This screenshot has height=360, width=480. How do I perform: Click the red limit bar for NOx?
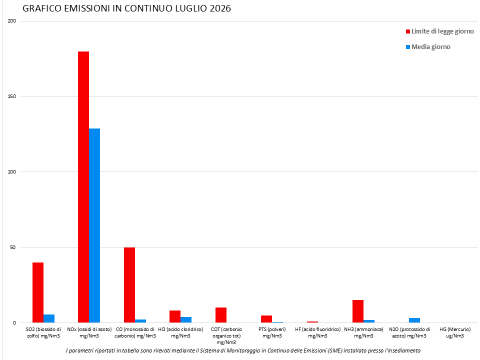83,187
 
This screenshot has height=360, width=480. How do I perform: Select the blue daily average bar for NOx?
94,225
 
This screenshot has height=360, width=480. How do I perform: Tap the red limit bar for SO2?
38,292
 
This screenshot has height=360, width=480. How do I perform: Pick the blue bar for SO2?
49,318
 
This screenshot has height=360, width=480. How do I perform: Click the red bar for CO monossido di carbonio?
129,285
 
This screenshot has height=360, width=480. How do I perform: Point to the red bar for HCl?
175,316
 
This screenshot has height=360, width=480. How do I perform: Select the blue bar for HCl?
186,320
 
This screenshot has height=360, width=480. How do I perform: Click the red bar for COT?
221,315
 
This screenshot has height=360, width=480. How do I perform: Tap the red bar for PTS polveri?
266,319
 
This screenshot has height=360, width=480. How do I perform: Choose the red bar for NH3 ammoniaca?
358,311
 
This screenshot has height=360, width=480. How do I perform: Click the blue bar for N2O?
414,320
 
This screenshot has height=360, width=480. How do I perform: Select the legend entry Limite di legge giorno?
440,31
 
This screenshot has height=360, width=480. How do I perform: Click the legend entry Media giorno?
428,47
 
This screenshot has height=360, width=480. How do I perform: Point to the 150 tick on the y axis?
11,96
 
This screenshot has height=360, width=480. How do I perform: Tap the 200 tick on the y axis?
11,21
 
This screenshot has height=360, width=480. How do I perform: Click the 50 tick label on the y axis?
12,247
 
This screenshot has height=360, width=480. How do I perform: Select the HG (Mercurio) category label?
455,333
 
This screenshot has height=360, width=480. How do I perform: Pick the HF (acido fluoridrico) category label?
318,333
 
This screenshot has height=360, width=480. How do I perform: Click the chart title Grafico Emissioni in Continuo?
126,8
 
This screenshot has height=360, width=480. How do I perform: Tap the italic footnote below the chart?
243,350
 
